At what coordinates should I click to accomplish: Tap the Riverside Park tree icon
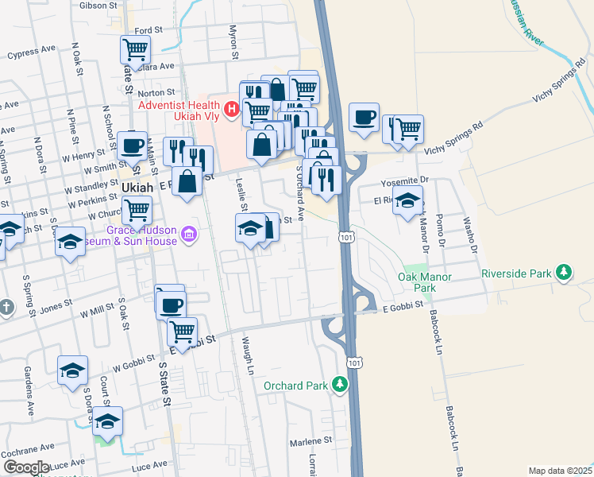[564, 273]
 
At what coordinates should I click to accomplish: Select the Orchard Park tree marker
[340, 386]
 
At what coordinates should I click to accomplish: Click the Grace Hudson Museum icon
[189, 233]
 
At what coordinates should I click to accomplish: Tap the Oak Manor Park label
[425, 282]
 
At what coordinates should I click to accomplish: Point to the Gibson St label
[98, 5]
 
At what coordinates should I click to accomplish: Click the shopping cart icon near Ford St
[136, 50]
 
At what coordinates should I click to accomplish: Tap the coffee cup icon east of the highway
[364, 117]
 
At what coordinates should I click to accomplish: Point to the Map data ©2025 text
[560, 471]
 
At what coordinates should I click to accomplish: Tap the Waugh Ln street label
[246, 351]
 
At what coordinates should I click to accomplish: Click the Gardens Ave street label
[29, 397]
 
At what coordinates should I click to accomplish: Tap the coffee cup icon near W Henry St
[133, 145]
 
